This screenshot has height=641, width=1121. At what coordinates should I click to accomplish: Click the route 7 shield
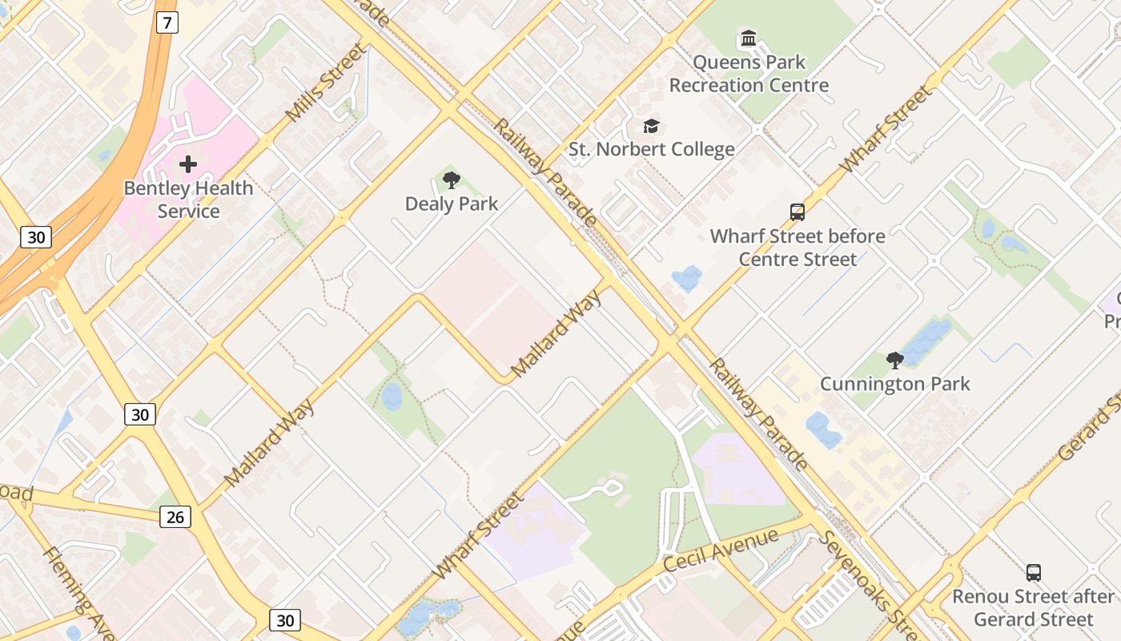[x=166, y=22]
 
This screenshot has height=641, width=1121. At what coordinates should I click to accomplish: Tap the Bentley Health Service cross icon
[x=188, y=164]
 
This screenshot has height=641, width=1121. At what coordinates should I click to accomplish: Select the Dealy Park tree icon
[x=452, y=180]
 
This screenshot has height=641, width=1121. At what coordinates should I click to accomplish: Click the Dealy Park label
[x=452, y=204]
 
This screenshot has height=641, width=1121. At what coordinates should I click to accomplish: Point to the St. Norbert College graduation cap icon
[x=651, y=127]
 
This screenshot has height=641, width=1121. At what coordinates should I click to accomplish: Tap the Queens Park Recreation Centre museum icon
[x=749, y=38]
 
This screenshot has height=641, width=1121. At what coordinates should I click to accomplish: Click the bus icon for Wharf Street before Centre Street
[x=798, y=212]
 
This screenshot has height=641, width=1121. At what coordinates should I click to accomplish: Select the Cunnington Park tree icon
[x=895, y=361]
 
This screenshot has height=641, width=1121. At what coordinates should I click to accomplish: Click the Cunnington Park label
[x=894, y=384]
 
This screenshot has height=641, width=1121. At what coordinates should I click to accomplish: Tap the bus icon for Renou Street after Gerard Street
[x=1034, y=573]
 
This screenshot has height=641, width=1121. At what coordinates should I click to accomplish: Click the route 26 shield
[x=175, y=517]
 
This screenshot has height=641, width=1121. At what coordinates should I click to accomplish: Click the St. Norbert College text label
[x=651, y=149]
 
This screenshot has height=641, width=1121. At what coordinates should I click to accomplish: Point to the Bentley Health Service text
[x=188, y=200]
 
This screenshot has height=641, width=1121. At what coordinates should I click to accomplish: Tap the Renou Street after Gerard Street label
[x=1033, y=607]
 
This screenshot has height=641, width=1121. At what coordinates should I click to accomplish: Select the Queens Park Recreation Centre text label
[x=749, y=74]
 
